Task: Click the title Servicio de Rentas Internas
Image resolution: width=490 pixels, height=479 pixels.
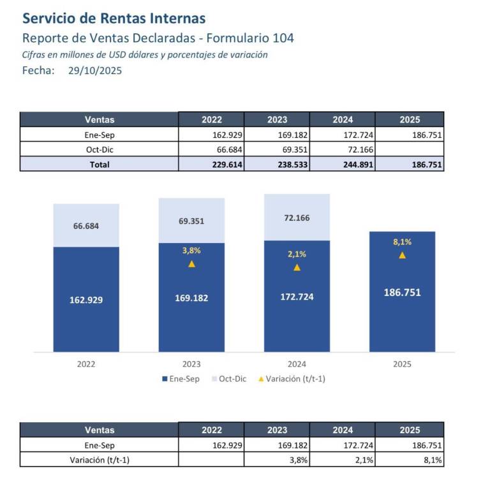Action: [114, 18]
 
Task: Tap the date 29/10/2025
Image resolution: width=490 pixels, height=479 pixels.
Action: [94, 71]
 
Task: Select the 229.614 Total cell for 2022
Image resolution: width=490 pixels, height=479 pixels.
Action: [211, 165]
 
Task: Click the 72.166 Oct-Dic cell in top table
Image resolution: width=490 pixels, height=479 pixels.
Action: [342, 149]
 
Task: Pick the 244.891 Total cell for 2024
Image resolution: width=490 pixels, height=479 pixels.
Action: [342, 165]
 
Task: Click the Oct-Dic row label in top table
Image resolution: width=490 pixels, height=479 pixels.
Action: [99, 149]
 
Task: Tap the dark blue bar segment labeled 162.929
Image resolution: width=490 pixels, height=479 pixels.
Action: [86, 299]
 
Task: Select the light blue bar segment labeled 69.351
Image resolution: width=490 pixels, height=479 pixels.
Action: [191, 221]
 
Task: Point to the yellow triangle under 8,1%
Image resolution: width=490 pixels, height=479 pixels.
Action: [402, 255]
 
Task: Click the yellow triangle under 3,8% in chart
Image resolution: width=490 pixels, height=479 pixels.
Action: [191, 264]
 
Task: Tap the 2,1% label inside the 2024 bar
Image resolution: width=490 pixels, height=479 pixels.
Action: [297, 254]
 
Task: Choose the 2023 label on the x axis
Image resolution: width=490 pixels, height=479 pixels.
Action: [191, 364]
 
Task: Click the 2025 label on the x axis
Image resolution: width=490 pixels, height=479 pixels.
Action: [402, 364]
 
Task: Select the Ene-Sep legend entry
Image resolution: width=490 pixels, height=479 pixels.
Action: [181, 378]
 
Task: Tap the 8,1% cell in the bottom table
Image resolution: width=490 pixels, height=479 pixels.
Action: [410, 460]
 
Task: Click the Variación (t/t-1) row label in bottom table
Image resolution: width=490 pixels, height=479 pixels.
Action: [99, 460]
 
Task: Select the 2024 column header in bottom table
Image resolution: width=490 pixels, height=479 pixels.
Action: [342, 430]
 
